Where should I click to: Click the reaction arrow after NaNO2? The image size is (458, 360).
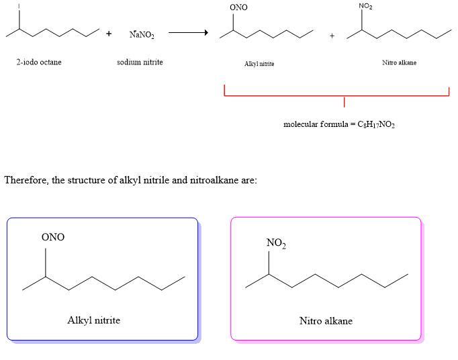189,32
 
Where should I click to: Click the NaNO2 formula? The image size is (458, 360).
142,35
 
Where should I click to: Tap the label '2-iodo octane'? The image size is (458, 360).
39,62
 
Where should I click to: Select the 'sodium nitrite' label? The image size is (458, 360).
140,62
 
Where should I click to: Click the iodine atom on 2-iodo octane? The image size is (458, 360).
19,6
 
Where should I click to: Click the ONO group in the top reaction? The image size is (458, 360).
238,7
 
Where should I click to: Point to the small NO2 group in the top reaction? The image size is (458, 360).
365,6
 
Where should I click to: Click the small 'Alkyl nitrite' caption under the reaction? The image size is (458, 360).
259,64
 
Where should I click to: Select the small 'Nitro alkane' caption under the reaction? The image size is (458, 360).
400,62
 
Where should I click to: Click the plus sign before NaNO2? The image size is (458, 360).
109,34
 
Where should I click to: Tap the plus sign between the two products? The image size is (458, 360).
332,36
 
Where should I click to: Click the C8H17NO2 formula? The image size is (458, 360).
376,125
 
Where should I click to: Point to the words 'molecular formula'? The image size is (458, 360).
316,124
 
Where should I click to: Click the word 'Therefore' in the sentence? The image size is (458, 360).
26,180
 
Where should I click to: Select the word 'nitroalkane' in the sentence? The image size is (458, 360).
214,180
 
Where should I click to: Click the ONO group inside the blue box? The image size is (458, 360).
53,237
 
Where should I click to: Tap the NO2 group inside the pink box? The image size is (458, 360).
276,243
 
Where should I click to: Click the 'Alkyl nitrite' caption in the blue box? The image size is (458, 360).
94,320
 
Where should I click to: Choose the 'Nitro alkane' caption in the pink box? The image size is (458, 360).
326,321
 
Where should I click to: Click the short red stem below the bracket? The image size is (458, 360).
344,102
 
